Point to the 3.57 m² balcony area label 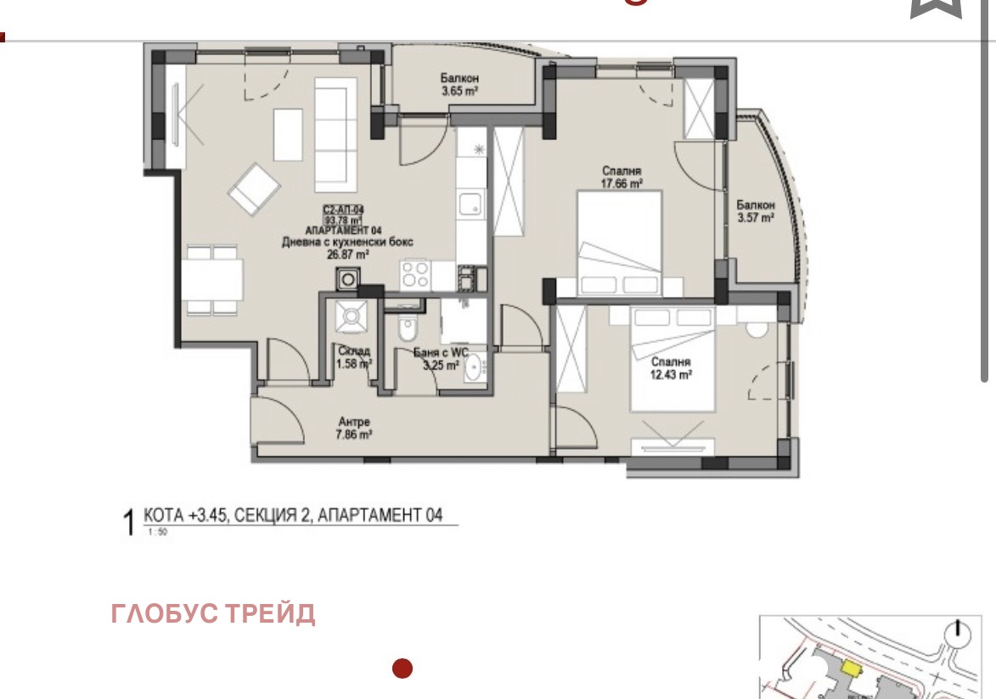[x=755, y=218]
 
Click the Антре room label [x=354, y=422]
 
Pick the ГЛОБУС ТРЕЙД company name [x=213, y=613]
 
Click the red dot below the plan [x=402, y=668]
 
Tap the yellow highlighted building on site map [x=849, y=668]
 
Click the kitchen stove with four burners [x=415, y=275]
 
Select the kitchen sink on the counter [x=470, y=204]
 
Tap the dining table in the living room [x=211, y=279]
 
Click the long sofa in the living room [x=335, y=134]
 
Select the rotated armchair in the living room [x=253, y=190]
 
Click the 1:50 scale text [x=158, y=533]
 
